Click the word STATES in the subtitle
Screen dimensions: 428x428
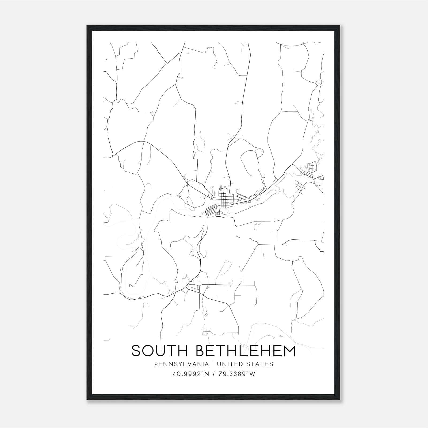pos(260,364)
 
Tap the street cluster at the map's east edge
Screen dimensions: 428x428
pos(310,171)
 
